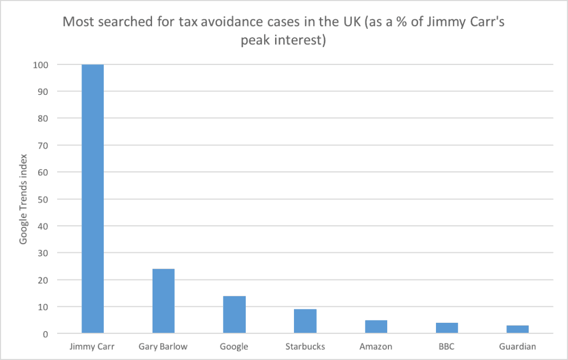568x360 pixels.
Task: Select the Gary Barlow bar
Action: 164,301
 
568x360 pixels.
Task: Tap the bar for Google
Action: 234,315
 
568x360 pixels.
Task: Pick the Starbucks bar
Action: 305,321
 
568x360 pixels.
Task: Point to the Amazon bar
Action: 376,327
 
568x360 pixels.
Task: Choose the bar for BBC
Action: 447,328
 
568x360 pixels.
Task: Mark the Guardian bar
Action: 518,329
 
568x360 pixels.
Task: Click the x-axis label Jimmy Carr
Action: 93,347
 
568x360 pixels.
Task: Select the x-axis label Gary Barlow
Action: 163,347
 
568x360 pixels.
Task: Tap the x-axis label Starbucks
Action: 305,347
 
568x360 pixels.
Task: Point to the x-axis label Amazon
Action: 376,347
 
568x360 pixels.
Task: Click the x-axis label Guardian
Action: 518,347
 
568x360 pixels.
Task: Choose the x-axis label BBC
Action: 447,347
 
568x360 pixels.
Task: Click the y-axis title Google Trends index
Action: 23,199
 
